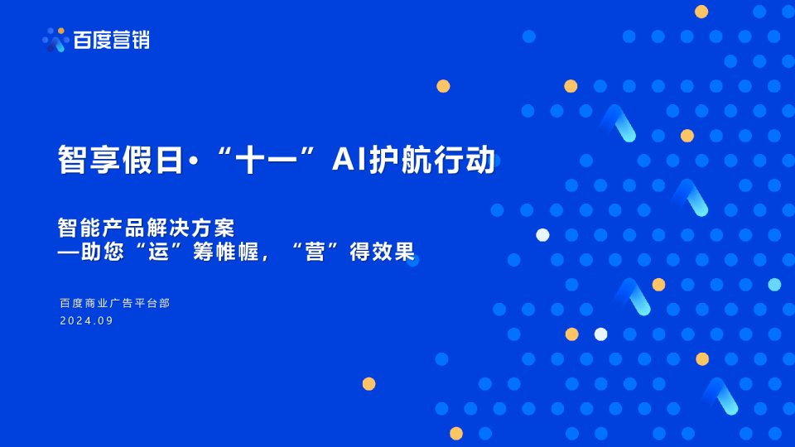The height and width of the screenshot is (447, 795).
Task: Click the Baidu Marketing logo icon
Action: point(55,39)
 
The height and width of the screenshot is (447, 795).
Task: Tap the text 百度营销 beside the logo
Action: point(111,39)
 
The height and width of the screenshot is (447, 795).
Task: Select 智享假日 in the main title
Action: point(120,160)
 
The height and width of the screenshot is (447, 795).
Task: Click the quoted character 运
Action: point(159,252)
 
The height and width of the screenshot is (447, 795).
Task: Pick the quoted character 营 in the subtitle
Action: point(314,252)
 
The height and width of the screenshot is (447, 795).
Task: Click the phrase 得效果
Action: point(382,252)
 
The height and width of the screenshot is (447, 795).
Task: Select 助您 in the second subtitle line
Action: point(102,252)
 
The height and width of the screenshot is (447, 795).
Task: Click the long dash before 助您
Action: point(68,252)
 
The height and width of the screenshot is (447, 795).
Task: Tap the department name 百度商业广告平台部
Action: point(114,303)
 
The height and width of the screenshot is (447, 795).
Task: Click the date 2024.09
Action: point(86,321)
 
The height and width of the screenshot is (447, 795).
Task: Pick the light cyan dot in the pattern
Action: point(774,285)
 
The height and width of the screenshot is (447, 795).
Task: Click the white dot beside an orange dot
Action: point(600,334)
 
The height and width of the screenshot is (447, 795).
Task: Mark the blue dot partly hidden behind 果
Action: point(413,260)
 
